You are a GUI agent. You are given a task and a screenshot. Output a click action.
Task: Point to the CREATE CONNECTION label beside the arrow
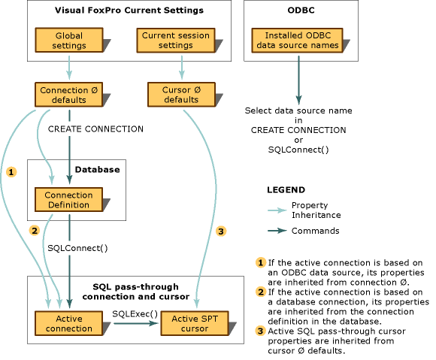(95, 129)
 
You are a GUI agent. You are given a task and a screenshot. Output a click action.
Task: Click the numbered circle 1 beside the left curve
(11, 172)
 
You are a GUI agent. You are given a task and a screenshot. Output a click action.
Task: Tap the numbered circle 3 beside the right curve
(221, 230)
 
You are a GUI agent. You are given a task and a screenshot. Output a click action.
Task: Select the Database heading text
(97, 170)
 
